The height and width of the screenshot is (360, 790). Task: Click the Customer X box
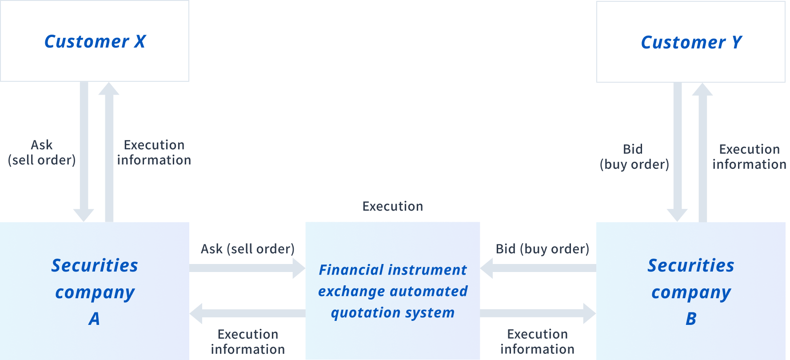coord(95,41)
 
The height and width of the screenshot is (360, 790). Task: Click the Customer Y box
coord(691,42)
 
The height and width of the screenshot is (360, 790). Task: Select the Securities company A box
coord(95,291)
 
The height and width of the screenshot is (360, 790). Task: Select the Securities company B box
coord(691,291)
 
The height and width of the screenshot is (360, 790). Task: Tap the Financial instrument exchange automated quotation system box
coord(393,291)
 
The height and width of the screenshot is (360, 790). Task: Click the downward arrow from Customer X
coord(84,152)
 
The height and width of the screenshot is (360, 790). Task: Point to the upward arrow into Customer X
coord(109,152)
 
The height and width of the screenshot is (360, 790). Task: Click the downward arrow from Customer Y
coord(678,152)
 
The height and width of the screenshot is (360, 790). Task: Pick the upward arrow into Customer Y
coord(702,152)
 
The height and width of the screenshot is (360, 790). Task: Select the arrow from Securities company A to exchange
coord(247,268)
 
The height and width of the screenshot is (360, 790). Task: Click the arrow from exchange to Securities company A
coord(247,313)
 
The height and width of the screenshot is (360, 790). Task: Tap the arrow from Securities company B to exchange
coord(538,268)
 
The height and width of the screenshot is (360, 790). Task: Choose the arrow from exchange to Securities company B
coord(538,313)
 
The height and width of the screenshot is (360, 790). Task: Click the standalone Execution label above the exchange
coord(393,206)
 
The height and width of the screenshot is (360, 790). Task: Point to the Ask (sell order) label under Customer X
coord(42,152)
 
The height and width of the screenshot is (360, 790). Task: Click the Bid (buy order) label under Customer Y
coord(634,156)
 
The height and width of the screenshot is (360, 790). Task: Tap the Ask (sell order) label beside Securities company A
coord(247,249)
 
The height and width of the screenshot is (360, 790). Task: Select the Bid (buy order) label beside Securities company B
coord(543,249)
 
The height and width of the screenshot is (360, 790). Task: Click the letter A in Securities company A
coord(94,319)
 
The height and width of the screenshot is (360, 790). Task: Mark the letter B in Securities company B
coord(691,319)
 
